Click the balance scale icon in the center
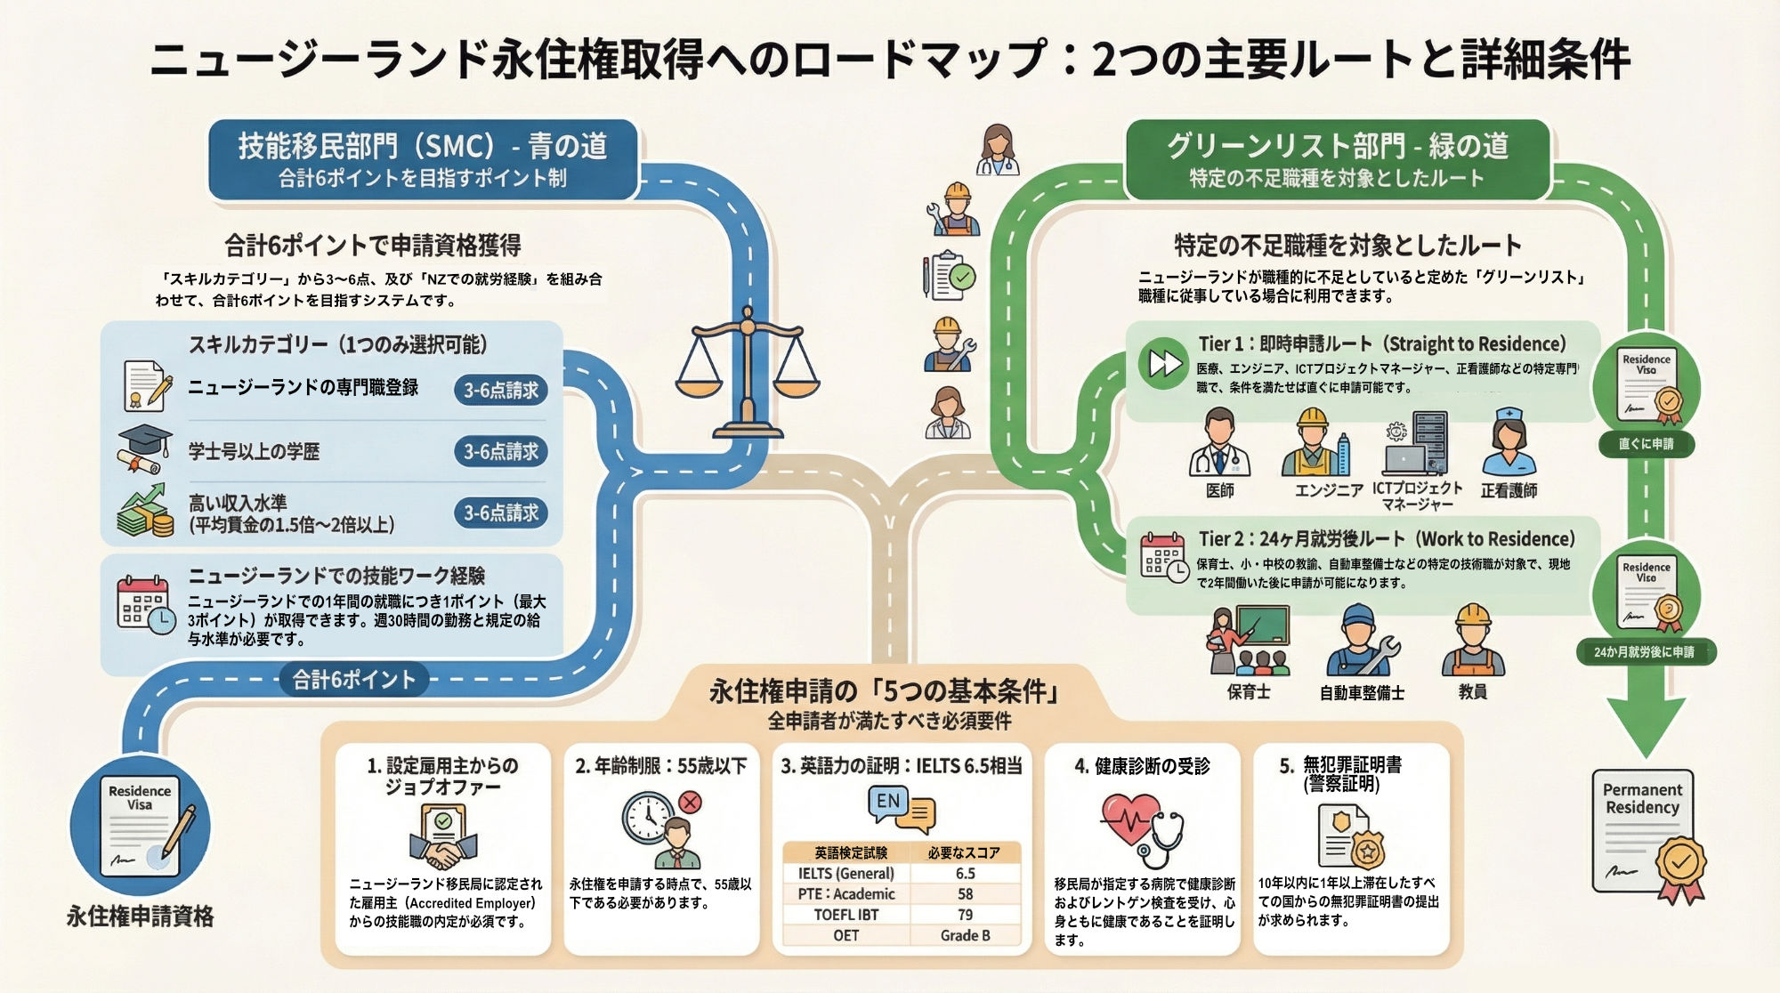pos(747,374)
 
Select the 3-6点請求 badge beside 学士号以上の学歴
pos(501,451)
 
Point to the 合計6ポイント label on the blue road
pos(354,680)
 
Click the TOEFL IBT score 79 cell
pos(965,915)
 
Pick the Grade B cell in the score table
pos(965,935)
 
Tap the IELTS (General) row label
pos(846,873)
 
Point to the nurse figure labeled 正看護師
pos(1509,443)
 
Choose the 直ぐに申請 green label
pos(1646,443)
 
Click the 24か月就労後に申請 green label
pos(1645,652)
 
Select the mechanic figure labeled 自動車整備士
pos(1361,641)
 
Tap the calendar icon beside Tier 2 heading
pos(1163,557)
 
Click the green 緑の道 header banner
pos(1337,158)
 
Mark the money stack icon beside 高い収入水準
pos(146,511)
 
